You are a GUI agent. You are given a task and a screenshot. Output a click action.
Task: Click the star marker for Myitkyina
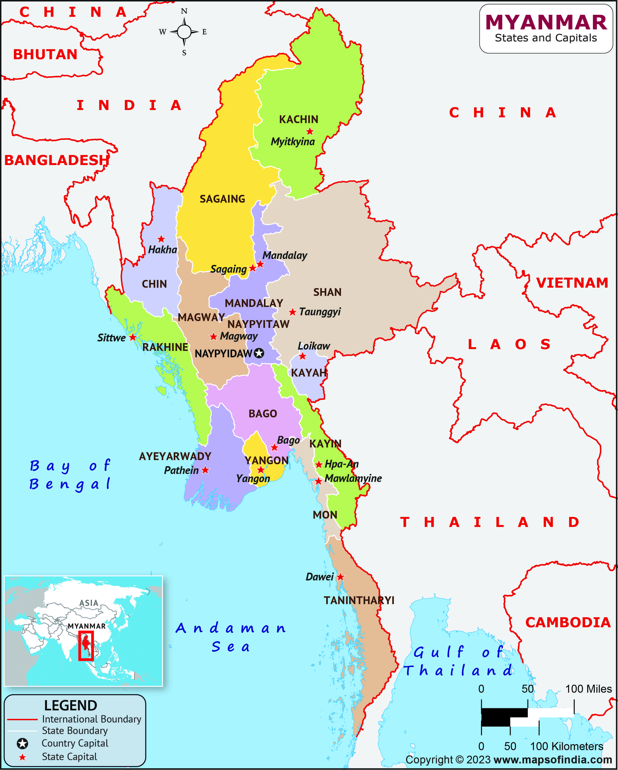[x=310, y=131]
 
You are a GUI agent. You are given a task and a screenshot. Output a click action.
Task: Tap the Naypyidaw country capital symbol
[x=259, y=353]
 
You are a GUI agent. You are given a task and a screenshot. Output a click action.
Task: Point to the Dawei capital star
[x=340, y=577]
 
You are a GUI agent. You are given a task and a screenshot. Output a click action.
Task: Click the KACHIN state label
[x=298, y=119]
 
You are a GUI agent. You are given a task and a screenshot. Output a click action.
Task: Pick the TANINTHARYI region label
[x=359, y=600]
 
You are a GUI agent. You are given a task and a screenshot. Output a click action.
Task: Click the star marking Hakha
[x=161, y=239]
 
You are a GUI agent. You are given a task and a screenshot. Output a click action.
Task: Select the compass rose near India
[x=184, y=32]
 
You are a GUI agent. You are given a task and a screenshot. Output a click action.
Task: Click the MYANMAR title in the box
[x=546, y=22]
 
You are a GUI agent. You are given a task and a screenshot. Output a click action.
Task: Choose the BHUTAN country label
[x=45, y=55]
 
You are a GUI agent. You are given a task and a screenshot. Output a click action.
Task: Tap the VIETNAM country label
[x=572, y=283]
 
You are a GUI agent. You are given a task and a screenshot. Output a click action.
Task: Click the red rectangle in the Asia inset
[x=86, y=646]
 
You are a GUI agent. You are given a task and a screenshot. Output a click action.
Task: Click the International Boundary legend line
[x=22, y=719]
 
